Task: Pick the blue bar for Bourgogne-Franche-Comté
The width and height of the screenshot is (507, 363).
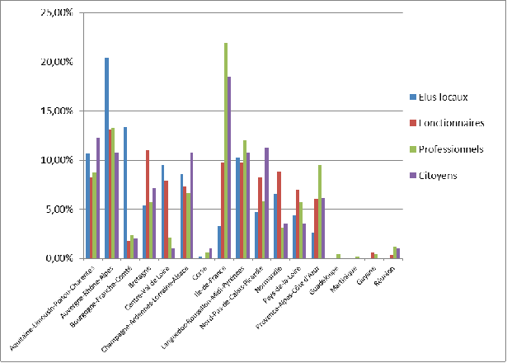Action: (x=125, y=193)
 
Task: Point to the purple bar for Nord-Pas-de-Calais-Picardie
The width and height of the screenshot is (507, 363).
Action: (x=267, y=203)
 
